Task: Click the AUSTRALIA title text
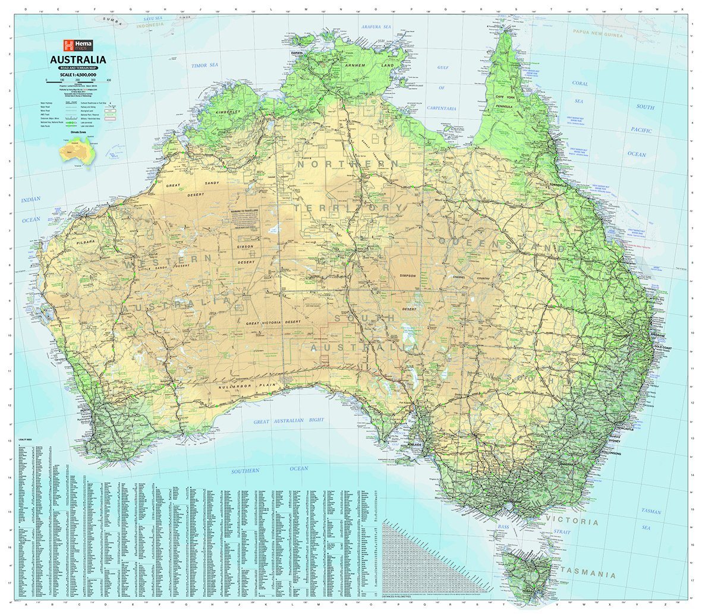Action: (x=78, y=59)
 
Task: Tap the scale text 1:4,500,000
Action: (x=78, y=74)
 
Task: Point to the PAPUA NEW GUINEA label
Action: (x=597, y=34)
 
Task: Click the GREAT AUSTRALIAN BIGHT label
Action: (x=289, y=421)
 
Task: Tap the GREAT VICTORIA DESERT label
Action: (x=273, y=322)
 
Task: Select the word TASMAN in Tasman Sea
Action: (x=651, y=511)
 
